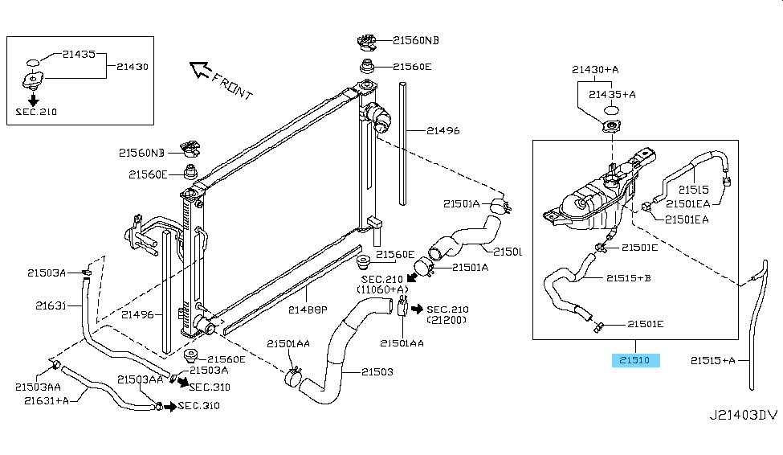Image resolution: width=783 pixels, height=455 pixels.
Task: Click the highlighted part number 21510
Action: tap(636, 360)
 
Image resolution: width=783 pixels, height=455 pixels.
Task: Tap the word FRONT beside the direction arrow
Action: tap(232, 84)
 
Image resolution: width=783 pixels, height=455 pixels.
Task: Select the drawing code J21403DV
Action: tap(743, 416)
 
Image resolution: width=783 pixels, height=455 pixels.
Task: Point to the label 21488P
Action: tap(308, 308)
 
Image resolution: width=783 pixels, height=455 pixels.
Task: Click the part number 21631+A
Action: tap(46, 400)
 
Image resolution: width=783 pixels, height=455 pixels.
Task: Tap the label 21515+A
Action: tap(712, 360)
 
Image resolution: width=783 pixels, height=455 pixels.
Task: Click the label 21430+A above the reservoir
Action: tap(595, 70)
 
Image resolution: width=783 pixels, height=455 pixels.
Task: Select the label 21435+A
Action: tap(612, 94)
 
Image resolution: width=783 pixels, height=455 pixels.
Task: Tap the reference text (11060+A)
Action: tap(384, 289)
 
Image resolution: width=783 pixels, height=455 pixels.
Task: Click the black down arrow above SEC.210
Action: tap(34, 100)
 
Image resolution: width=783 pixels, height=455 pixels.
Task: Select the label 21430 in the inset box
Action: tap(132, 67)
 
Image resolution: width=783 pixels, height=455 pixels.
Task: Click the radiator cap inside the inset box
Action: tap(33, 81)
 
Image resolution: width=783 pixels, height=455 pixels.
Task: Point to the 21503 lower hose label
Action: tap(377, 371)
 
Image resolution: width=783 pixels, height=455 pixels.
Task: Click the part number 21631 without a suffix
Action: tap(49, 305)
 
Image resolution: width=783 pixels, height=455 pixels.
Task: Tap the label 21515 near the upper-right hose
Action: tap(691, 190)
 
